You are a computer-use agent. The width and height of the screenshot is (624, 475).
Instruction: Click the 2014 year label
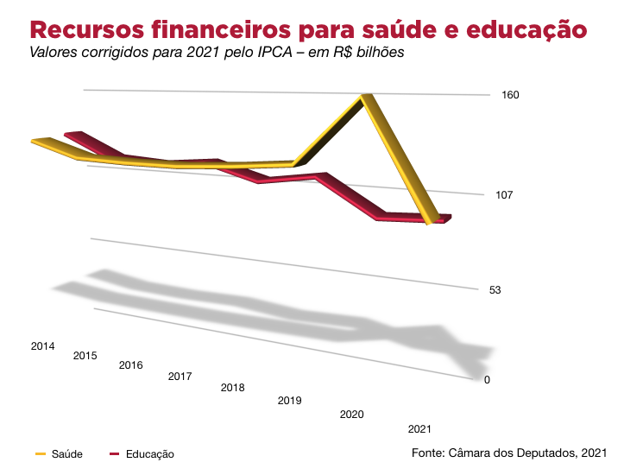(43, 346)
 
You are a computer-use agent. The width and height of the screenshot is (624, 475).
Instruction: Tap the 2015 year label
(85, 356)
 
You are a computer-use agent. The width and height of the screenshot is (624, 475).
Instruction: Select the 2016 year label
(131, 365)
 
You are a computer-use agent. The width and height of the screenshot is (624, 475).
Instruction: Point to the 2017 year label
(180, 377)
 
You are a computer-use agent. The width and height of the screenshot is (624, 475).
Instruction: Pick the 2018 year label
(233, 388)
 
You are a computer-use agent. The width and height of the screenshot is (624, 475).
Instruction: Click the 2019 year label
(289, 401)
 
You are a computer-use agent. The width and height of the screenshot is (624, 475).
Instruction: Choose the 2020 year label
(351, 415)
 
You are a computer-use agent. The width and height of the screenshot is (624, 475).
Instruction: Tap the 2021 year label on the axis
(419, 429)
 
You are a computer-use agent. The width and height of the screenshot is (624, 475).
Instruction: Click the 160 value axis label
(510, 95)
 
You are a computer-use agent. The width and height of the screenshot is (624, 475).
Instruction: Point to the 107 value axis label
(505, 195)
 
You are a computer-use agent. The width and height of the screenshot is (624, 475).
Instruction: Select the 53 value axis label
(495, 290)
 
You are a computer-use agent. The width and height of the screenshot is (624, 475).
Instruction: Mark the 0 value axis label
(487, 380)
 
